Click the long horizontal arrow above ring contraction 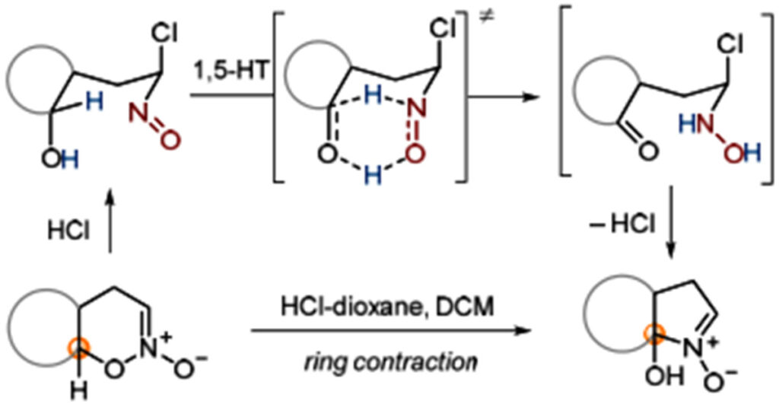pos(388,331)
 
